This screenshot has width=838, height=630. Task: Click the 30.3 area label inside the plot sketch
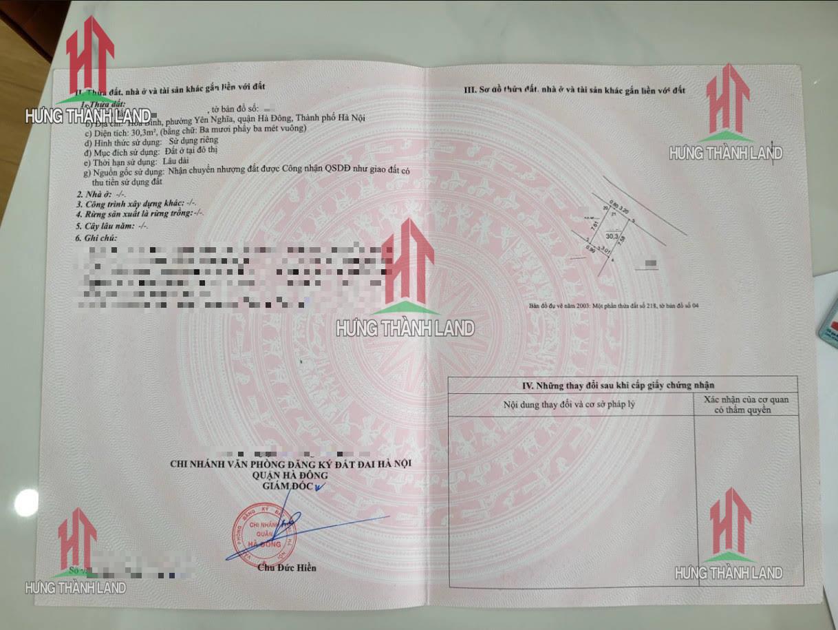click(x=610, y=235)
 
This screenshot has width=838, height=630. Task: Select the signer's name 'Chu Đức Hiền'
click(x=287, y=568)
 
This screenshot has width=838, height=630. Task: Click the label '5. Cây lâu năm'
click(x=103, y=225)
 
